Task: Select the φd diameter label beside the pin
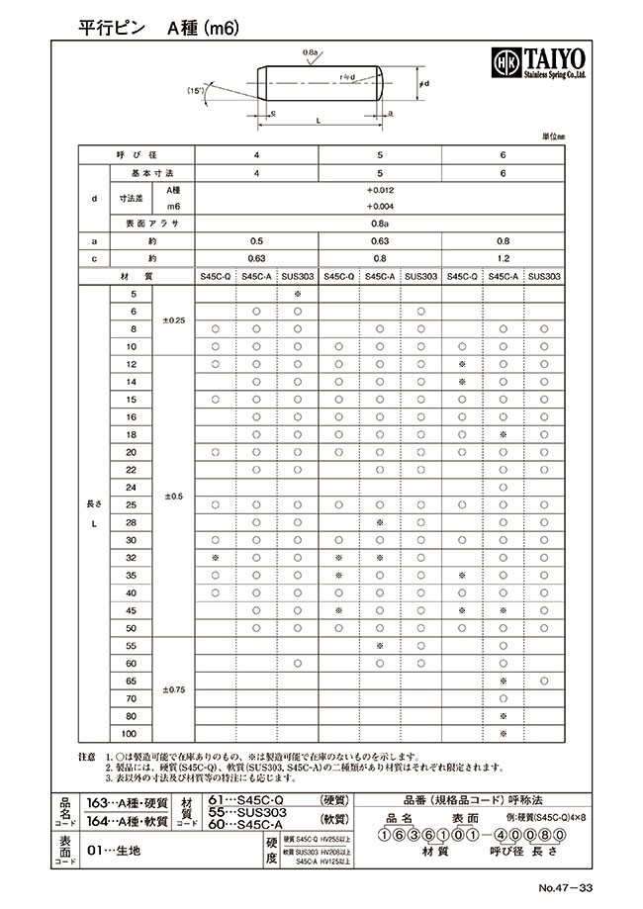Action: [x=423, y=85]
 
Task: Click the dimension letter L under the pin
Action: [x=316, y=120]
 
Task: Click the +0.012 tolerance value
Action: [x=380, y=189]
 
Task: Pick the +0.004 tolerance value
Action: [x=380, y=206]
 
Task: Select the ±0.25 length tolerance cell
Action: [x=172, y=320]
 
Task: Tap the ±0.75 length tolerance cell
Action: [x=172, y=688]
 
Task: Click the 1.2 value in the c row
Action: [x=504, y=258]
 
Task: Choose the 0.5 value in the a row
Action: [x=256, y=240]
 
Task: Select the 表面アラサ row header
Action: [x=143, y=224]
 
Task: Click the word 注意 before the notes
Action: [x=86, y=756]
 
